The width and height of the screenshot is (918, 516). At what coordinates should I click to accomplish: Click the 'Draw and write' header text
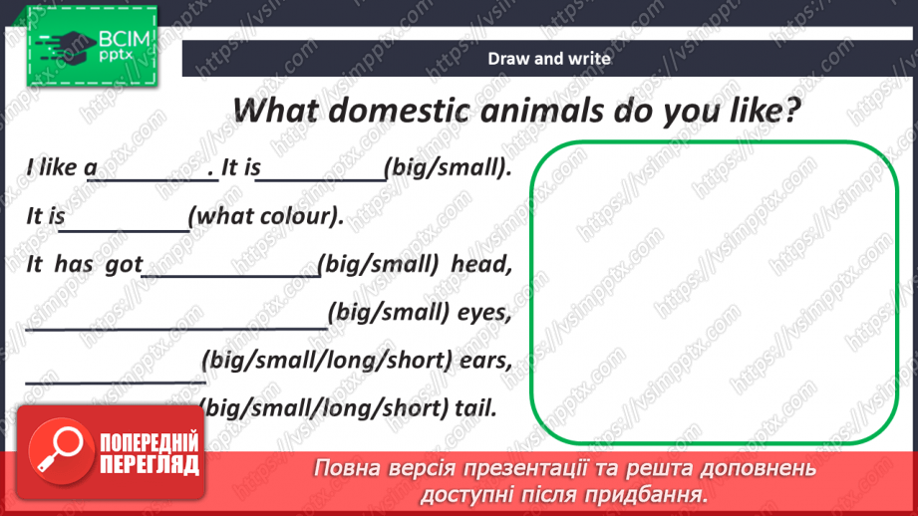(549, 59)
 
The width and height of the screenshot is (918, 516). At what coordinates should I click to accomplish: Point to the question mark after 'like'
(792, 110)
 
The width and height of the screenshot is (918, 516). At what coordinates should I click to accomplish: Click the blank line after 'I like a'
(153, 180)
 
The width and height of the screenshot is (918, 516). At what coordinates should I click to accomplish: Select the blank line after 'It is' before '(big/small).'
(321, 180)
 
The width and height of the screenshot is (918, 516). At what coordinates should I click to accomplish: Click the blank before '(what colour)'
(125, 230)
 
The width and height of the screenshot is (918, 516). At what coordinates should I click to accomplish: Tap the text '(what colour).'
(266, 216)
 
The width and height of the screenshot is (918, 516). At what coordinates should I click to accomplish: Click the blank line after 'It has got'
(231, 275)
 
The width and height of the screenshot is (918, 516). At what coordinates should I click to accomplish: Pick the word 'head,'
(481, 264)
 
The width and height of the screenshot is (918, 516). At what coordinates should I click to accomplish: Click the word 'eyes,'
(483, 314)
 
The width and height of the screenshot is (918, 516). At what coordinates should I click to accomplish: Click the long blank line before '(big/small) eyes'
(176, 328)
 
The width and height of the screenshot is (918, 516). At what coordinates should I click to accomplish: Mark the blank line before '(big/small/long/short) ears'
(116, 381)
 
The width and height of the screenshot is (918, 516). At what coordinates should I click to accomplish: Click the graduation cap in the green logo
(69, 46)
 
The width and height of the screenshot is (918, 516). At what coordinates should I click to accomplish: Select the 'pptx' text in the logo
(116, 56)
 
